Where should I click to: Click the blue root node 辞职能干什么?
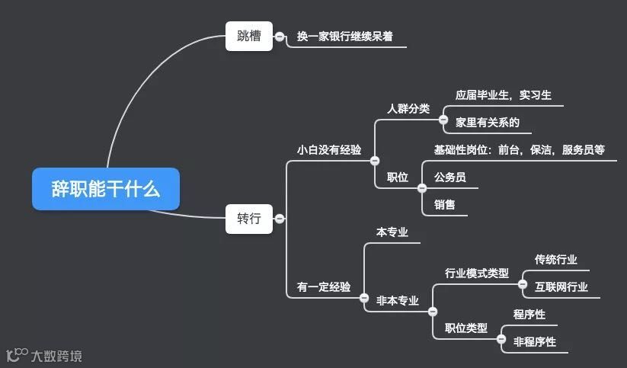(x=106, y=189)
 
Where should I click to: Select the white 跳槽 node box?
(x=248, y=36)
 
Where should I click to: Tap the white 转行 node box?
(x=248, y=219)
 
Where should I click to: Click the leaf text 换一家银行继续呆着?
(x=345, y=36)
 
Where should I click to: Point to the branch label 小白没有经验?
(x=329, y=150)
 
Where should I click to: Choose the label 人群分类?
(x=408, y=108)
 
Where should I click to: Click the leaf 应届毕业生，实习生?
(x=504, y=95)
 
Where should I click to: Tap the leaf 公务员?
(x=449, y=178)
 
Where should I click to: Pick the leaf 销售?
(x=445, y=204)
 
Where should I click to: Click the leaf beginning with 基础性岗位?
(x=519, y=150)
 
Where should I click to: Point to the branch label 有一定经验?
(x=324, y=287)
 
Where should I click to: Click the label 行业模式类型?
(x=476, y=273)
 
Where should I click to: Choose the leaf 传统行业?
(x=555, y=260)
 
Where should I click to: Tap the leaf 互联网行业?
(x=561, y=287)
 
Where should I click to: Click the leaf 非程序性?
(x=534, y=341)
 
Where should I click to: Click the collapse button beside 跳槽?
(x=280, y=36)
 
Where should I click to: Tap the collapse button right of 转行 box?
(x=280, y=219)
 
